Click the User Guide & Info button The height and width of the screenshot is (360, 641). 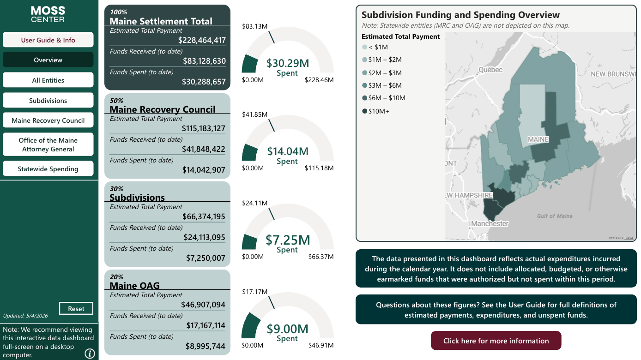pos(48,40)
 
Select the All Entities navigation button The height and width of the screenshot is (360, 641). pos(48,80)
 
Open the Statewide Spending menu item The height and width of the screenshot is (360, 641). pos(48,169)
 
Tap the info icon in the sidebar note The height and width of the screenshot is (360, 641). pos(90,354)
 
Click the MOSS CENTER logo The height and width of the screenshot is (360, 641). pos(48,14)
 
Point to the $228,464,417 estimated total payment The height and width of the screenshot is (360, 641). pos(202,40)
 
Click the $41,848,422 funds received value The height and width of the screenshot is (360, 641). pos(204,149)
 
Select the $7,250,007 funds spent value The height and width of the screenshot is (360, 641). pos(206,258)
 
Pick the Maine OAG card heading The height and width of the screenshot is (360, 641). pos(134,285)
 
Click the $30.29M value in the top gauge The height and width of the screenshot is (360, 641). pos(288,63)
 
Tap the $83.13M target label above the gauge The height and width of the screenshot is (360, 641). pos(254,26)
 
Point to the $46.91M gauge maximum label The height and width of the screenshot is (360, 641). pos(321,345)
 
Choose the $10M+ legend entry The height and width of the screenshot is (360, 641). pos(376,111)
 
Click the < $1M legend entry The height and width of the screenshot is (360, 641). pos(375,47)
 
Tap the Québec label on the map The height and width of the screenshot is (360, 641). pos(490,70)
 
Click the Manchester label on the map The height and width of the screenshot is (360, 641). pos(490,223)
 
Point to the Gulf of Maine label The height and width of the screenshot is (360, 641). pos(555,216)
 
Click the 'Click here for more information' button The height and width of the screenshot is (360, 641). pos(496,341)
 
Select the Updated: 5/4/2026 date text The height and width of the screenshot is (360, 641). pos(25,316)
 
